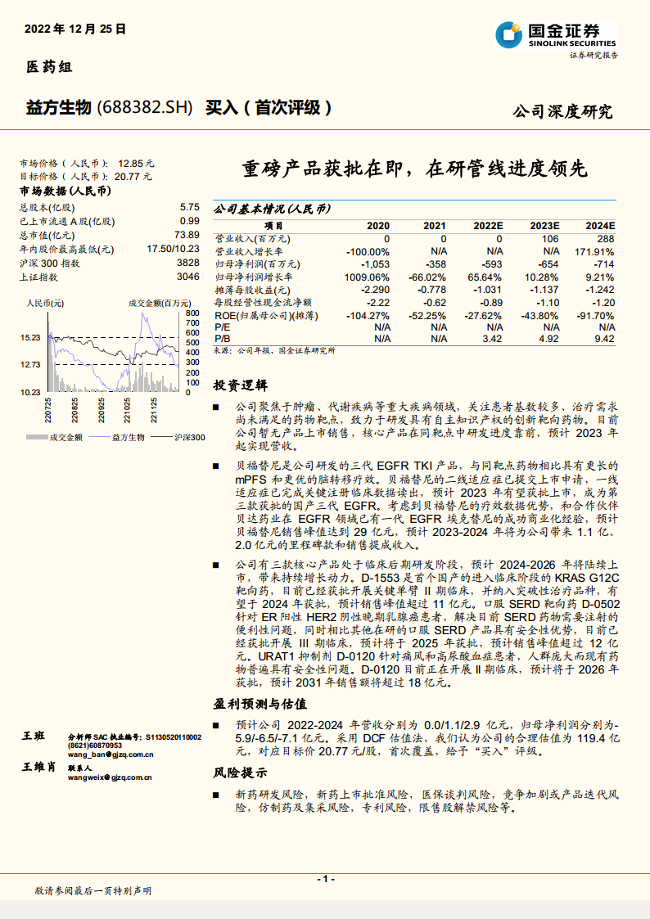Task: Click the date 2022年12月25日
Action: (75, 28)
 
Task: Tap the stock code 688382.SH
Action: (146, 107)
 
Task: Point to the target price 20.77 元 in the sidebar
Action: (134, 176)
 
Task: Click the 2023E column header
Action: (544, 225)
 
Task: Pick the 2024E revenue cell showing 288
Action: (605, 238)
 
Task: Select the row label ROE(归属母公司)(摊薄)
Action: (256, 314)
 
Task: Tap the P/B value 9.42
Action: (604, 338)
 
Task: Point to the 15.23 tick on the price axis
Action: (31, 337)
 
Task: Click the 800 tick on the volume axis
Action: (192, 313)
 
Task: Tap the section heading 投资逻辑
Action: (240, 385)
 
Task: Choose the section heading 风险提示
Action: (240, 773)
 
